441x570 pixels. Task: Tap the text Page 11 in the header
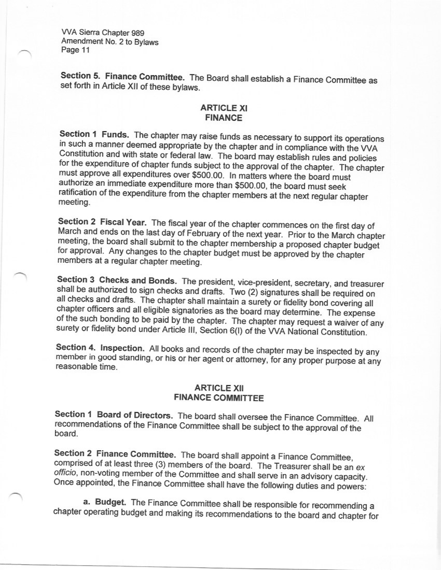(x=76, y=50)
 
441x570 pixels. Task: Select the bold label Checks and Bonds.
(x=138, y=281)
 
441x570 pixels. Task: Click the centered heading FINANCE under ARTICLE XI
(x=224, y=118)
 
